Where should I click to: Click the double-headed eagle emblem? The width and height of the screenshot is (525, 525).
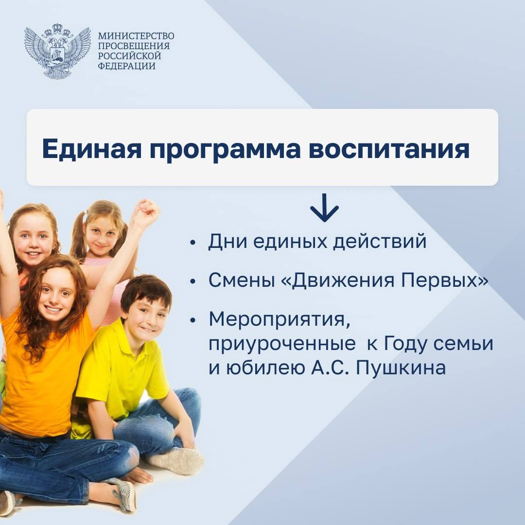coord(57,51)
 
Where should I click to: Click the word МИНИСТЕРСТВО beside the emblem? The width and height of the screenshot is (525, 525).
coord(136,36)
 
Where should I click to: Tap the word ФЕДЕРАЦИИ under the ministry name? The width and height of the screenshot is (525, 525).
coord(126,66)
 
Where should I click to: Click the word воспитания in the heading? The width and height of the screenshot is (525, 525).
coord(389,149)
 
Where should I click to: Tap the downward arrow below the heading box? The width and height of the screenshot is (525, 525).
coord(324,208)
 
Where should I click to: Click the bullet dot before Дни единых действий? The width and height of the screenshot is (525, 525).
coord(192,243)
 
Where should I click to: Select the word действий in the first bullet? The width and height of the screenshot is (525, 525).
coord(380,242)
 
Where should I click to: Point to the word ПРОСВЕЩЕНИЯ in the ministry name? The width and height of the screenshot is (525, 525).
coord(134,46)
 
